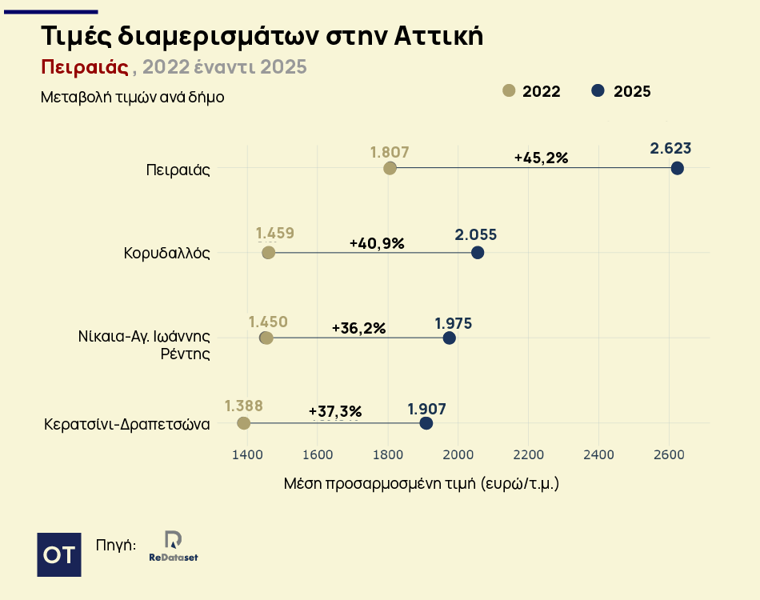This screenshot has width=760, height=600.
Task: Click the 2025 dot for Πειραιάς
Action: click(677, 168)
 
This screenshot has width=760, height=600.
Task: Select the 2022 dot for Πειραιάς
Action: click(390, 168)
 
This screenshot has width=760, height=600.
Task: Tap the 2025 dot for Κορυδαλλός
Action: click(478, 253)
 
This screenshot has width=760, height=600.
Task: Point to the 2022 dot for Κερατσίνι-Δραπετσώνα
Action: click(244, 423)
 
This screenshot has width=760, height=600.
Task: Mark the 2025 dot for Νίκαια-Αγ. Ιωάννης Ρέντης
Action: click(449, 338)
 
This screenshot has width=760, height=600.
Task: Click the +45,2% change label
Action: click(541, 158)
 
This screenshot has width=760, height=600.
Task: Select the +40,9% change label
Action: click(377, 243)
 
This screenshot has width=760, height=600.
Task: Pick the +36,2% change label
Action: click(358, 328)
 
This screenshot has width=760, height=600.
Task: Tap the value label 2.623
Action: click(670, 148)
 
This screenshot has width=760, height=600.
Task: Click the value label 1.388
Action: click(244, 405)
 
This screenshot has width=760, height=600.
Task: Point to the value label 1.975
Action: click(454, 323)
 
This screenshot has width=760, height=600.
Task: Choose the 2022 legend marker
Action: click(509, 91)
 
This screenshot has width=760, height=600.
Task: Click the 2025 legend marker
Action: click(598, 91)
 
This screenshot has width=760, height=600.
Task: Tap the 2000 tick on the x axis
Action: click(458, 454)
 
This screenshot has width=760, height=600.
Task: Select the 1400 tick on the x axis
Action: click(247, 454)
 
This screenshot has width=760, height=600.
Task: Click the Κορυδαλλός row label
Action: click(166, 254)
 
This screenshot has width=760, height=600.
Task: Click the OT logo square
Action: click(59, 554)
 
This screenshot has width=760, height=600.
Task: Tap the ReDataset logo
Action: click(173, 546)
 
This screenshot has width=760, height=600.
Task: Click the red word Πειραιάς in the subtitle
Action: click(85, 66)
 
